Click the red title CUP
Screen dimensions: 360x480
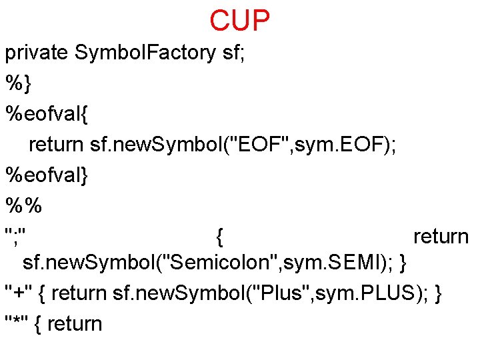tap(240, 21)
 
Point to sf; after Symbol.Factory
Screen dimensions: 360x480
tap(233, 53)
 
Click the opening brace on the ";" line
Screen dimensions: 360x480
tap(220, 236)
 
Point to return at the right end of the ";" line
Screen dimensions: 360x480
tap(441, 236)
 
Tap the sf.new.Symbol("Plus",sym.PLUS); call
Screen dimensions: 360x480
tap(271, 293)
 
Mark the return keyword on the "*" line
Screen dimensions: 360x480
tap(75, 324)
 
